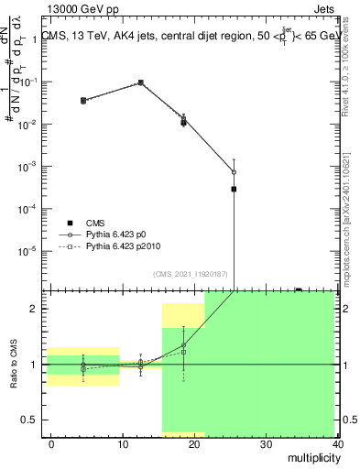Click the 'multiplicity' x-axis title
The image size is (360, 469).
[x=311, y=456]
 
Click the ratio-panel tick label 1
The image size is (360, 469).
[x=37, y=365]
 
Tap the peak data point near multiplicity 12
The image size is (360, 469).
[x=140, y=82]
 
